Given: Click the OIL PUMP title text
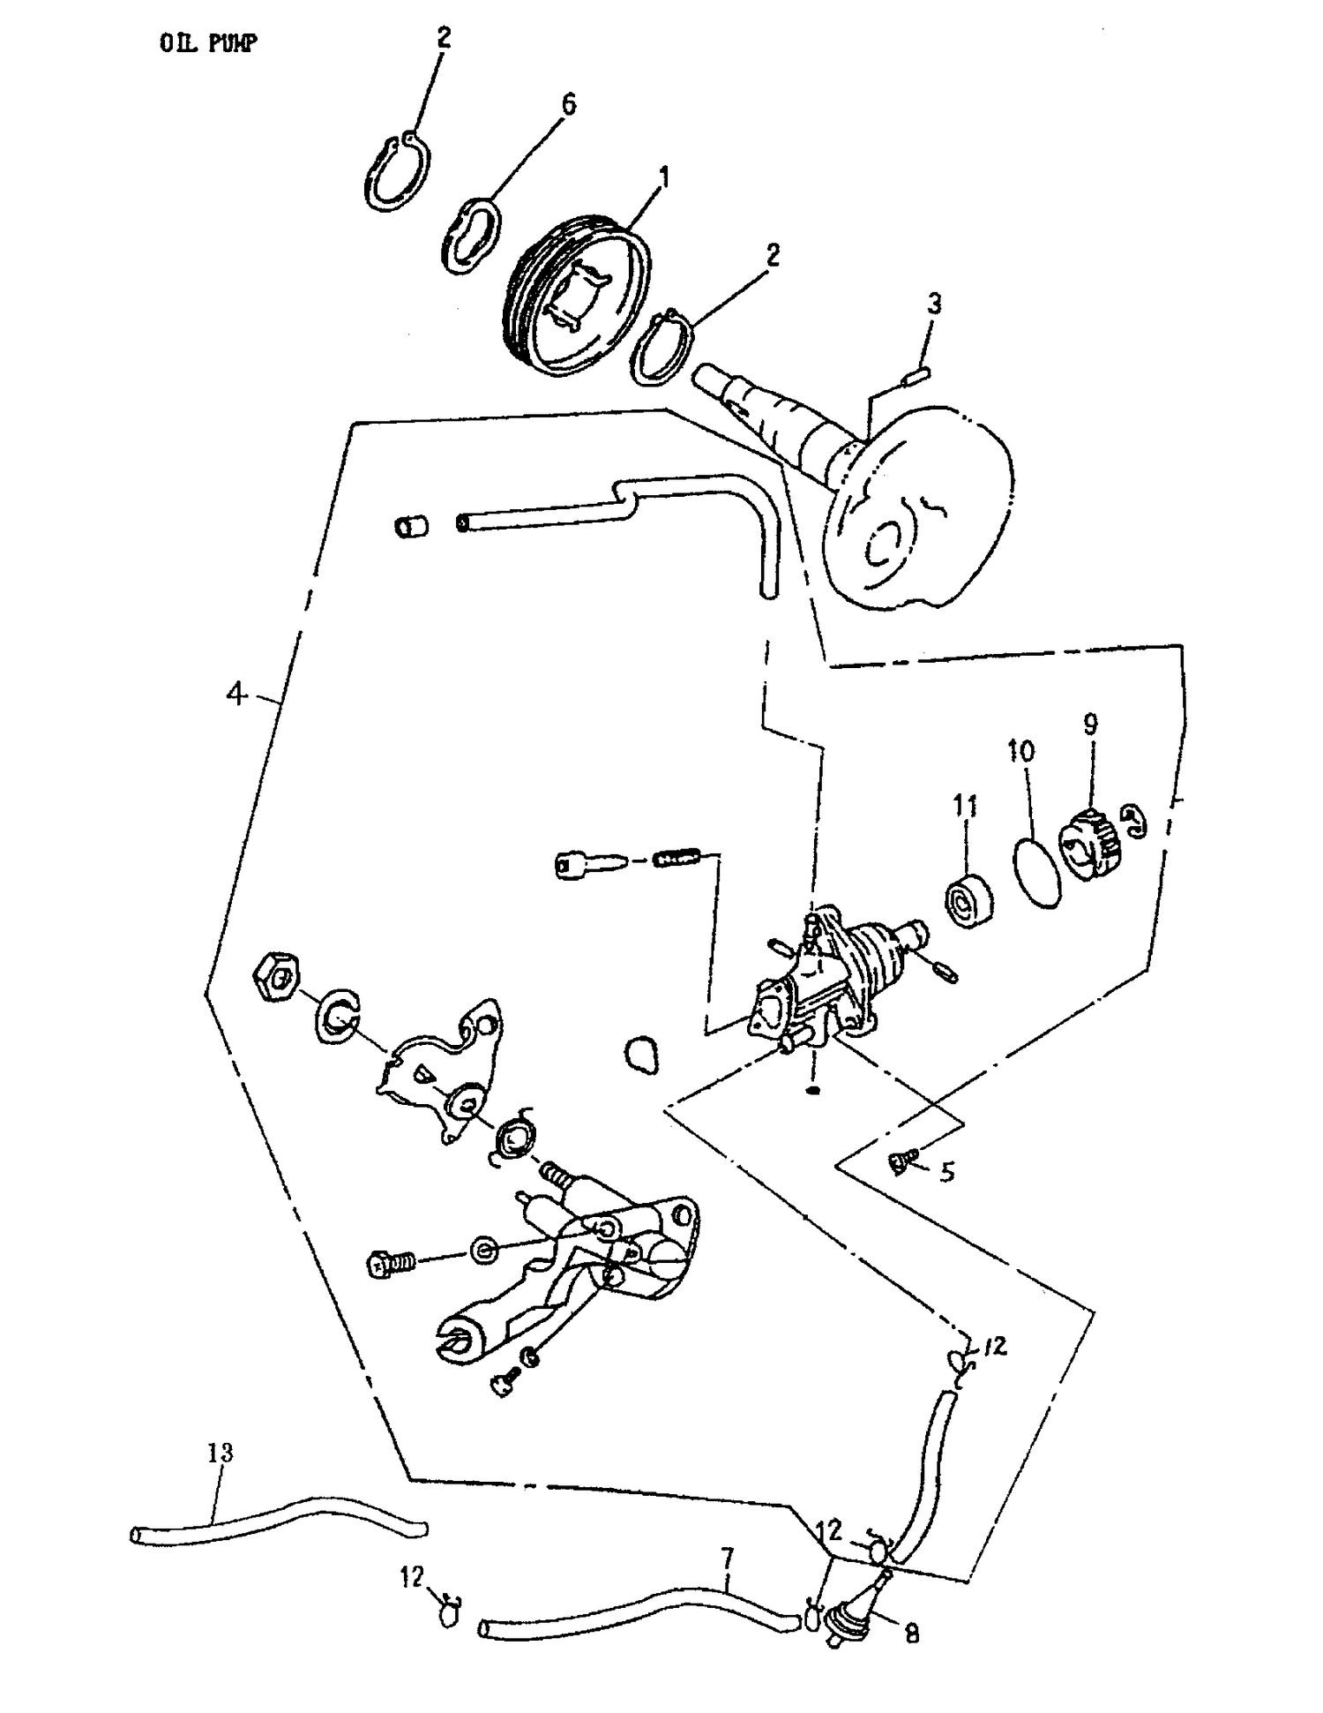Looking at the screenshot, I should coord(208,43).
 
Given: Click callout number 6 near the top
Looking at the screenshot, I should coord(569,105).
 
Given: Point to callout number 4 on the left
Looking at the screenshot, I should coord(235,694).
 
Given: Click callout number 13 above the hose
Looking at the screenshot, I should coord(220,1452).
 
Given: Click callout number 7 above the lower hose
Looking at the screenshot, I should coord(727,1558).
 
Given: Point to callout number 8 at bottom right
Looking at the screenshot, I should coord(912,1634).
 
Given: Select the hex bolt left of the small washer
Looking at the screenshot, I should coord(391,1264).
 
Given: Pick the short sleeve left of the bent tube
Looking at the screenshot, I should coord(411,527).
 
